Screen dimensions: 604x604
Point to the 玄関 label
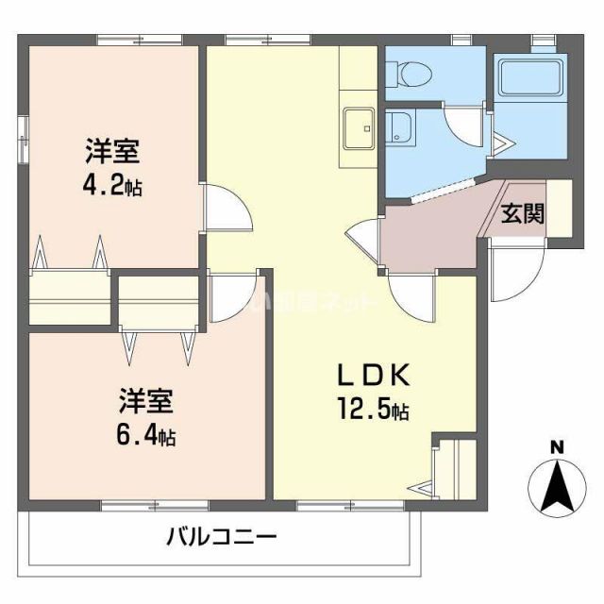pos(522,213)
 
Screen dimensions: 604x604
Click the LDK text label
pos(374,377)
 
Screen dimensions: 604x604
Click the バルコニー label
pos(222,539)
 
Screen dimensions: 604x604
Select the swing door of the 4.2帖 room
pos(226,209)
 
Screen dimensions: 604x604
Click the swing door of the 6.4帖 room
pos(231,296)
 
